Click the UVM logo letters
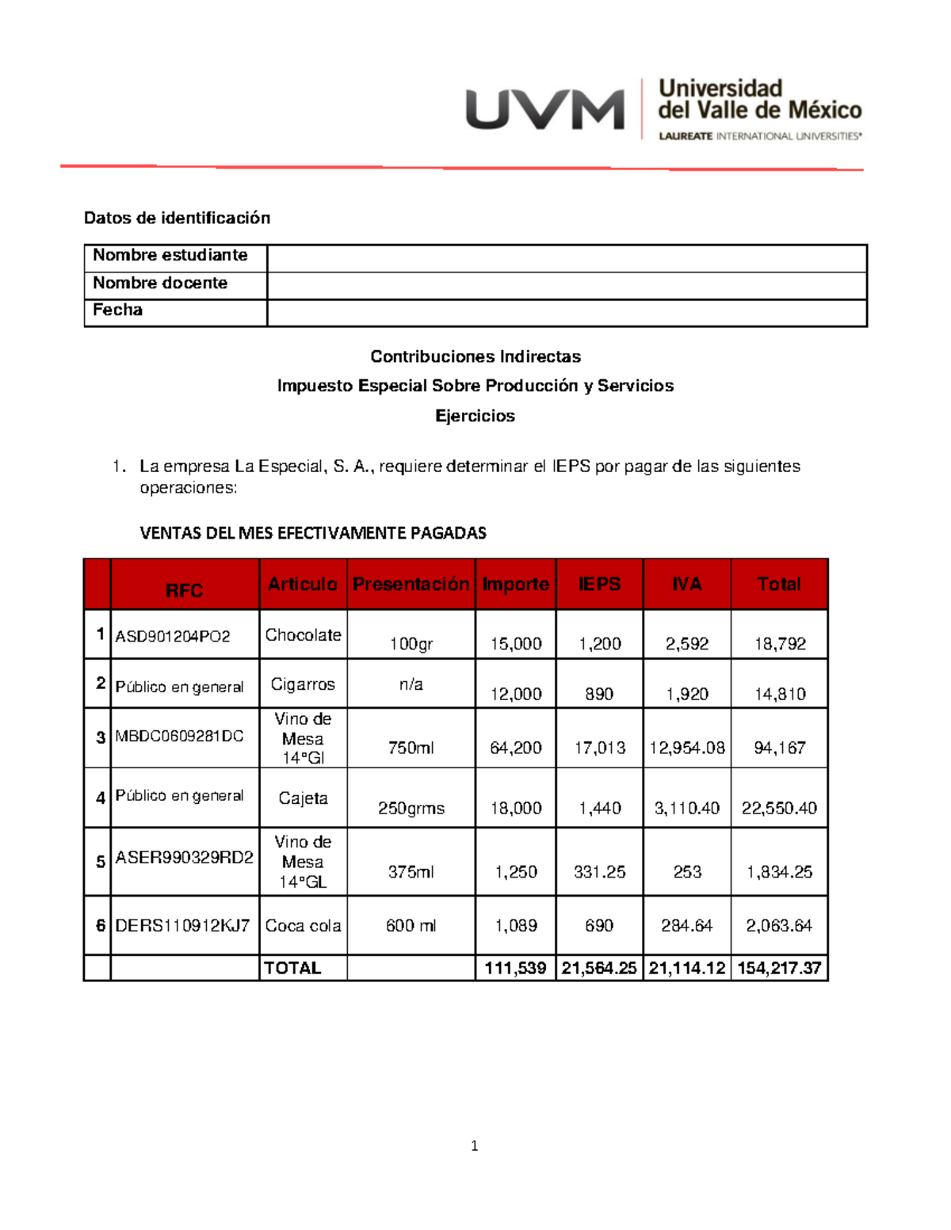(544, 109)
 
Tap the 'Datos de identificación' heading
(177, 218)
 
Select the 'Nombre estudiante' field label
(170, 255)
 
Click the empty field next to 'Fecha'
(567, 313)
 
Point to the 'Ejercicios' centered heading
(475, 416)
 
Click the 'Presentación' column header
(411, 585)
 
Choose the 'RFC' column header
(184, 591)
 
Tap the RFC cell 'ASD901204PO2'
(173, 636)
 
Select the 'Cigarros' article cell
(303, 684)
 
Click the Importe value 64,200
(516, 748)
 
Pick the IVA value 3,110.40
(686, 808)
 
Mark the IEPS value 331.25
(599, 872)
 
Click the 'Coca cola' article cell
(303, 926)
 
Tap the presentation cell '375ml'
(411, 872)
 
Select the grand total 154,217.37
(779, 968)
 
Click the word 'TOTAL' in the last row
(292, 968)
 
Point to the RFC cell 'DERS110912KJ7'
(182, 926)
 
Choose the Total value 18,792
(779, 644)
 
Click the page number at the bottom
(474, 1146)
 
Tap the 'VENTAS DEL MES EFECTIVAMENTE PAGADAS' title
(313, 533)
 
